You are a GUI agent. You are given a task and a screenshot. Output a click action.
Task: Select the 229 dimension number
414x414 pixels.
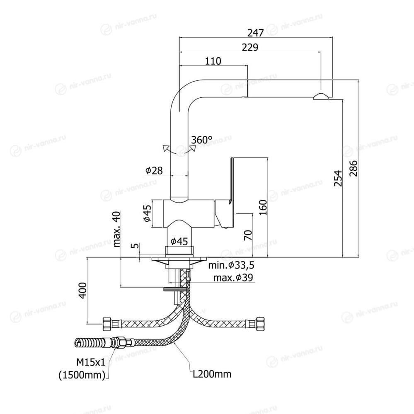point(250,47)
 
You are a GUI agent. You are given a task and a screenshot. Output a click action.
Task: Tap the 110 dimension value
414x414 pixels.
point(213,61)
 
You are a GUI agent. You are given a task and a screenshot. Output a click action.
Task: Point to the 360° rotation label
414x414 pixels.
point(202,140)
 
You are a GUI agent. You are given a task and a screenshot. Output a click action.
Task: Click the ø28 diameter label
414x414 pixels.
point(154,170)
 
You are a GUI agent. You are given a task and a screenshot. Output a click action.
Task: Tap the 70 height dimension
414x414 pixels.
point(247,235)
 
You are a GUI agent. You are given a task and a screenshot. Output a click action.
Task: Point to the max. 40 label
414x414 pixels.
point(116,229)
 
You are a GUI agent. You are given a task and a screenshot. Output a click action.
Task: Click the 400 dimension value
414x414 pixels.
point(83,290)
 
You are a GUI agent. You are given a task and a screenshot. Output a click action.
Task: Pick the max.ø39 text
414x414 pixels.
point(233,277)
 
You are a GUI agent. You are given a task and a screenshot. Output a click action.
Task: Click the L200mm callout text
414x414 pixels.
point(212,375)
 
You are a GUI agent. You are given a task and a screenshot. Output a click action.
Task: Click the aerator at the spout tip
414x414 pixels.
point(321,97)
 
